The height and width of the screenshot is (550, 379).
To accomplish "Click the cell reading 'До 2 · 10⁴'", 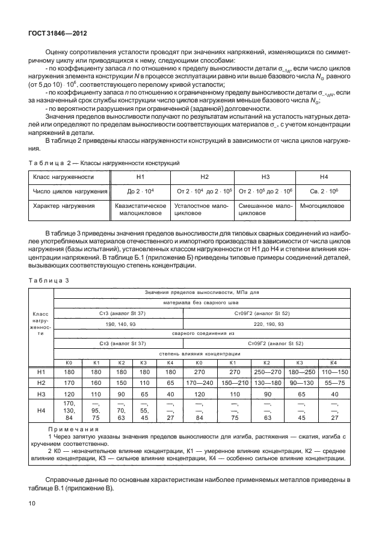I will (141, 192).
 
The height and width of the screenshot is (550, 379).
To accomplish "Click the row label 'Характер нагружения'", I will (65, 206).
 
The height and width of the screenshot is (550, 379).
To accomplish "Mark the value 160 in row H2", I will (95, 382).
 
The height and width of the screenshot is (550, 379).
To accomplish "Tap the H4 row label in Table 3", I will (41, 411).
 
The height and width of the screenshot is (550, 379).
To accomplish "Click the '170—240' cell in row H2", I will (199, 382).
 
